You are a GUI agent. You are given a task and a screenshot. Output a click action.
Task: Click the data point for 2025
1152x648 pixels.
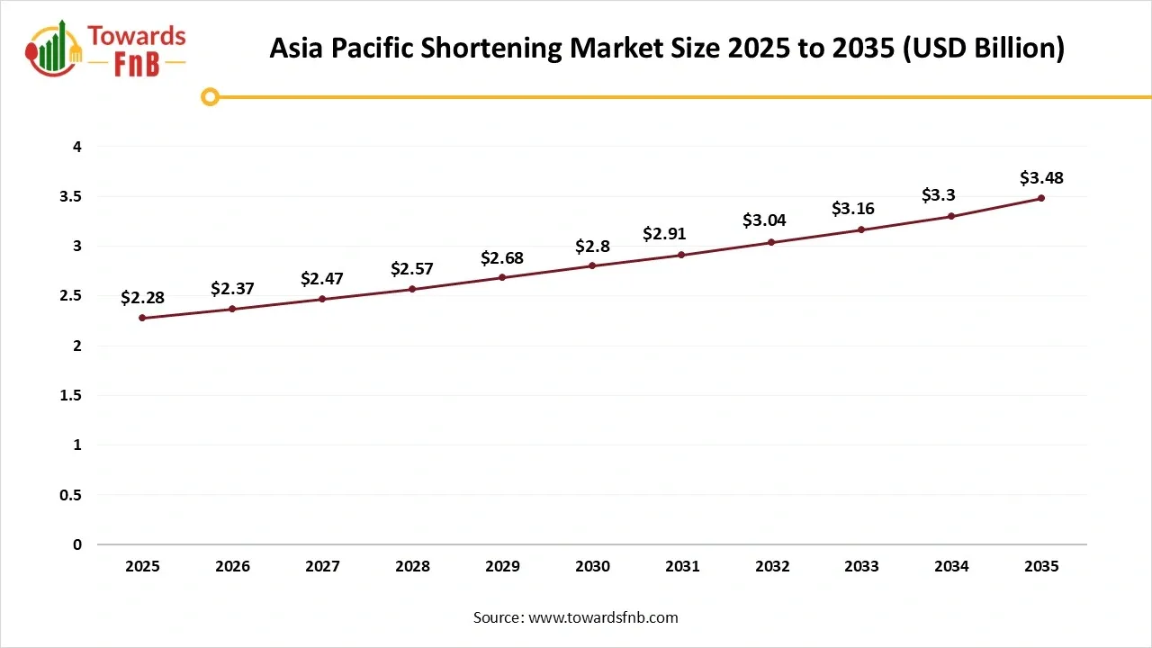click(142, 318)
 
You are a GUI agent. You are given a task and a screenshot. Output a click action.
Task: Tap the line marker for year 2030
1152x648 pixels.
click(592, 265)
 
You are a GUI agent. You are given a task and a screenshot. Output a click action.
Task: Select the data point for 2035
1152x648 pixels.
click(1041, 198)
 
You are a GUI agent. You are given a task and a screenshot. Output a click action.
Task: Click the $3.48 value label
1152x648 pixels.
click(1041, 178)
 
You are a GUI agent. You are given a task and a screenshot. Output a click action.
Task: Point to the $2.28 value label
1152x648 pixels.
click(142, 298)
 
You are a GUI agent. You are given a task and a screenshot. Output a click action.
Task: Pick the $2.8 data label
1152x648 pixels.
click(592, 246)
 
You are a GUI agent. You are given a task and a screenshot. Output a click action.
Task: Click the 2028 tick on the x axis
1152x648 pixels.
click(412, 567)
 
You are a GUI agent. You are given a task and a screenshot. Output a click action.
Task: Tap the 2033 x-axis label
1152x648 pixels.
click(861, 567)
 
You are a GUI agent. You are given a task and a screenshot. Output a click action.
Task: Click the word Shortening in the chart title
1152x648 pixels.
click(491, 48)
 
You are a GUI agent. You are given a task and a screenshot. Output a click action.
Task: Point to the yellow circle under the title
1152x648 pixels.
click(210, 96)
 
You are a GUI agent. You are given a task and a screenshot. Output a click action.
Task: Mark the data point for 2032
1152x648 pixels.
click(771, 242)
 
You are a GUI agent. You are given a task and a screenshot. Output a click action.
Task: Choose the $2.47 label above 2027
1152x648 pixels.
click(322, 278)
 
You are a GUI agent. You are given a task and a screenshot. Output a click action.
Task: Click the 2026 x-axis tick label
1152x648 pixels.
click(232, 567)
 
